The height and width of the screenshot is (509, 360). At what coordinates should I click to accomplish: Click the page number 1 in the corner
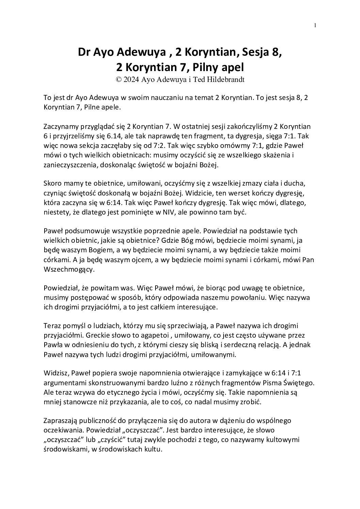coord(315,25)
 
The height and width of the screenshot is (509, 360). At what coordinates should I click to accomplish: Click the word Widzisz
coord(55,373)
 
